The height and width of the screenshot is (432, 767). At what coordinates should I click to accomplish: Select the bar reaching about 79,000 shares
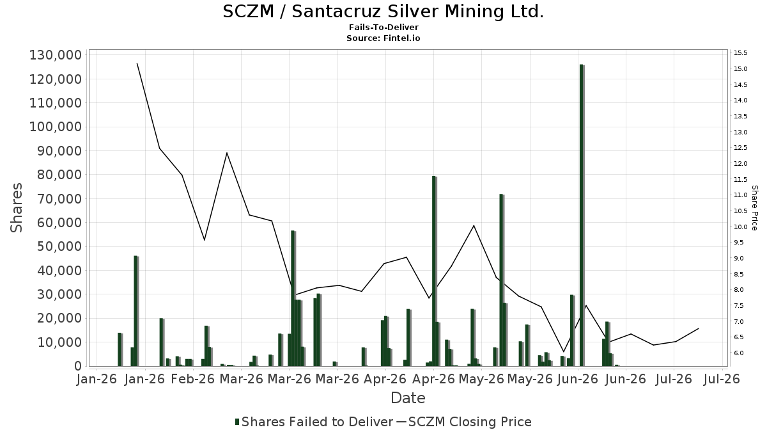434,271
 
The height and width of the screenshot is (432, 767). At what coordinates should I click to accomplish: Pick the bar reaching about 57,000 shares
293,298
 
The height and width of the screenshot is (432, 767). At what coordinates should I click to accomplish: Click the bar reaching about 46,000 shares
136,311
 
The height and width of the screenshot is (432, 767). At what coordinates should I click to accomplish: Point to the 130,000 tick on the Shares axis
56,55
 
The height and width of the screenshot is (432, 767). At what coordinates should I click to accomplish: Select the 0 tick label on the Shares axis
79,366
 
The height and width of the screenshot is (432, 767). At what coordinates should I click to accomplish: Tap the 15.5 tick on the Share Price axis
740,52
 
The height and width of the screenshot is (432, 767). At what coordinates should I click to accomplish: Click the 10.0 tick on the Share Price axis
740,227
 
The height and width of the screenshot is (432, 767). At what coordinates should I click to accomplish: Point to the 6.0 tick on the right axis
740,353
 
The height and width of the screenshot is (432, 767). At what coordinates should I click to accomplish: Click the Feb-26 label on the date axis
193,379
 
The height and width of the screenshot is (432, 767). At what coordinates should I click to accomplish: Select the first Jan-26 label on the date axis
97,379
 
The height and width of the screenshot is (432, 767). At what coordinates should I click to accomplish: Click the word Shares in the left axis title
17,208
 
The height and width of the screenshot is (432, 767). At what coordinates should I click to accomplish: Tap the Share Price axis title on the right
754,208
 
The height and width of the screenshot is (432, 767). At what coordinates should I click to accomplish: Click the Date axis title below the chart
408,398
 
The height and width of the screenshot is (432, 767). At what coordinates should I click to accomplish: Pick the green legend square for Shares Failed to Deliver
237,422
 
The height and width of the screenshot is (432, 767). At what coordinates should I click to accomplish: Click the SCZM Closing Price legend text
470,422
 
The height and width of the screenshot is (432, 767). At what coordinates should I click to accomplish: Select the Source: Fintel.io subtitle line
383,38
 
